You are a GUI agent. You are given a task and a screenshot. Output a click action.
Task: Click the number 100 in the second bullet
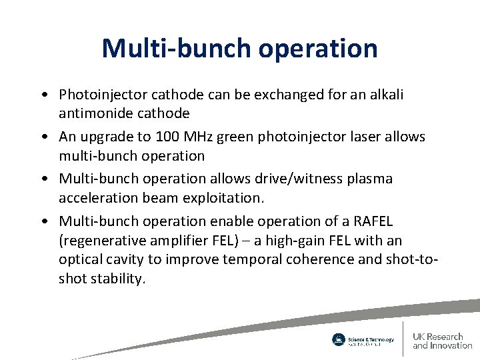coord(165,137)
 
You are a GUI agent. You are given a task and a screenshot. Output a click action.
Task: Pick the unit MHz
coord(197,137)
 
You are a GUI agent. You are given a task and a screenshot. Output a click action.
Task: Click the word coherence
coord(317,259)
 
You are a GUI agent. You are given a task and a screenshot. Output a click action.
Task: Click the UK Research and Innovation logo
coord(442,340)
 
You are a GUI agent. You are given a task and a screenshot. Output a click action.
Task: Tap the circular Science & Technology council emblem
coord(339,339)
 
